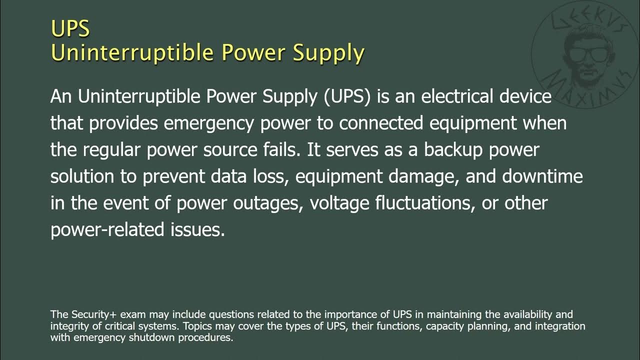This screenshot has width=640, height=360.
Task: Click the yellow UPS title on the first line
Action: click(70, 29)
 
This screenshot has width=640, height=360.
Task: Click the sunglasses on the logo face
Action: click(583, 53)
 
